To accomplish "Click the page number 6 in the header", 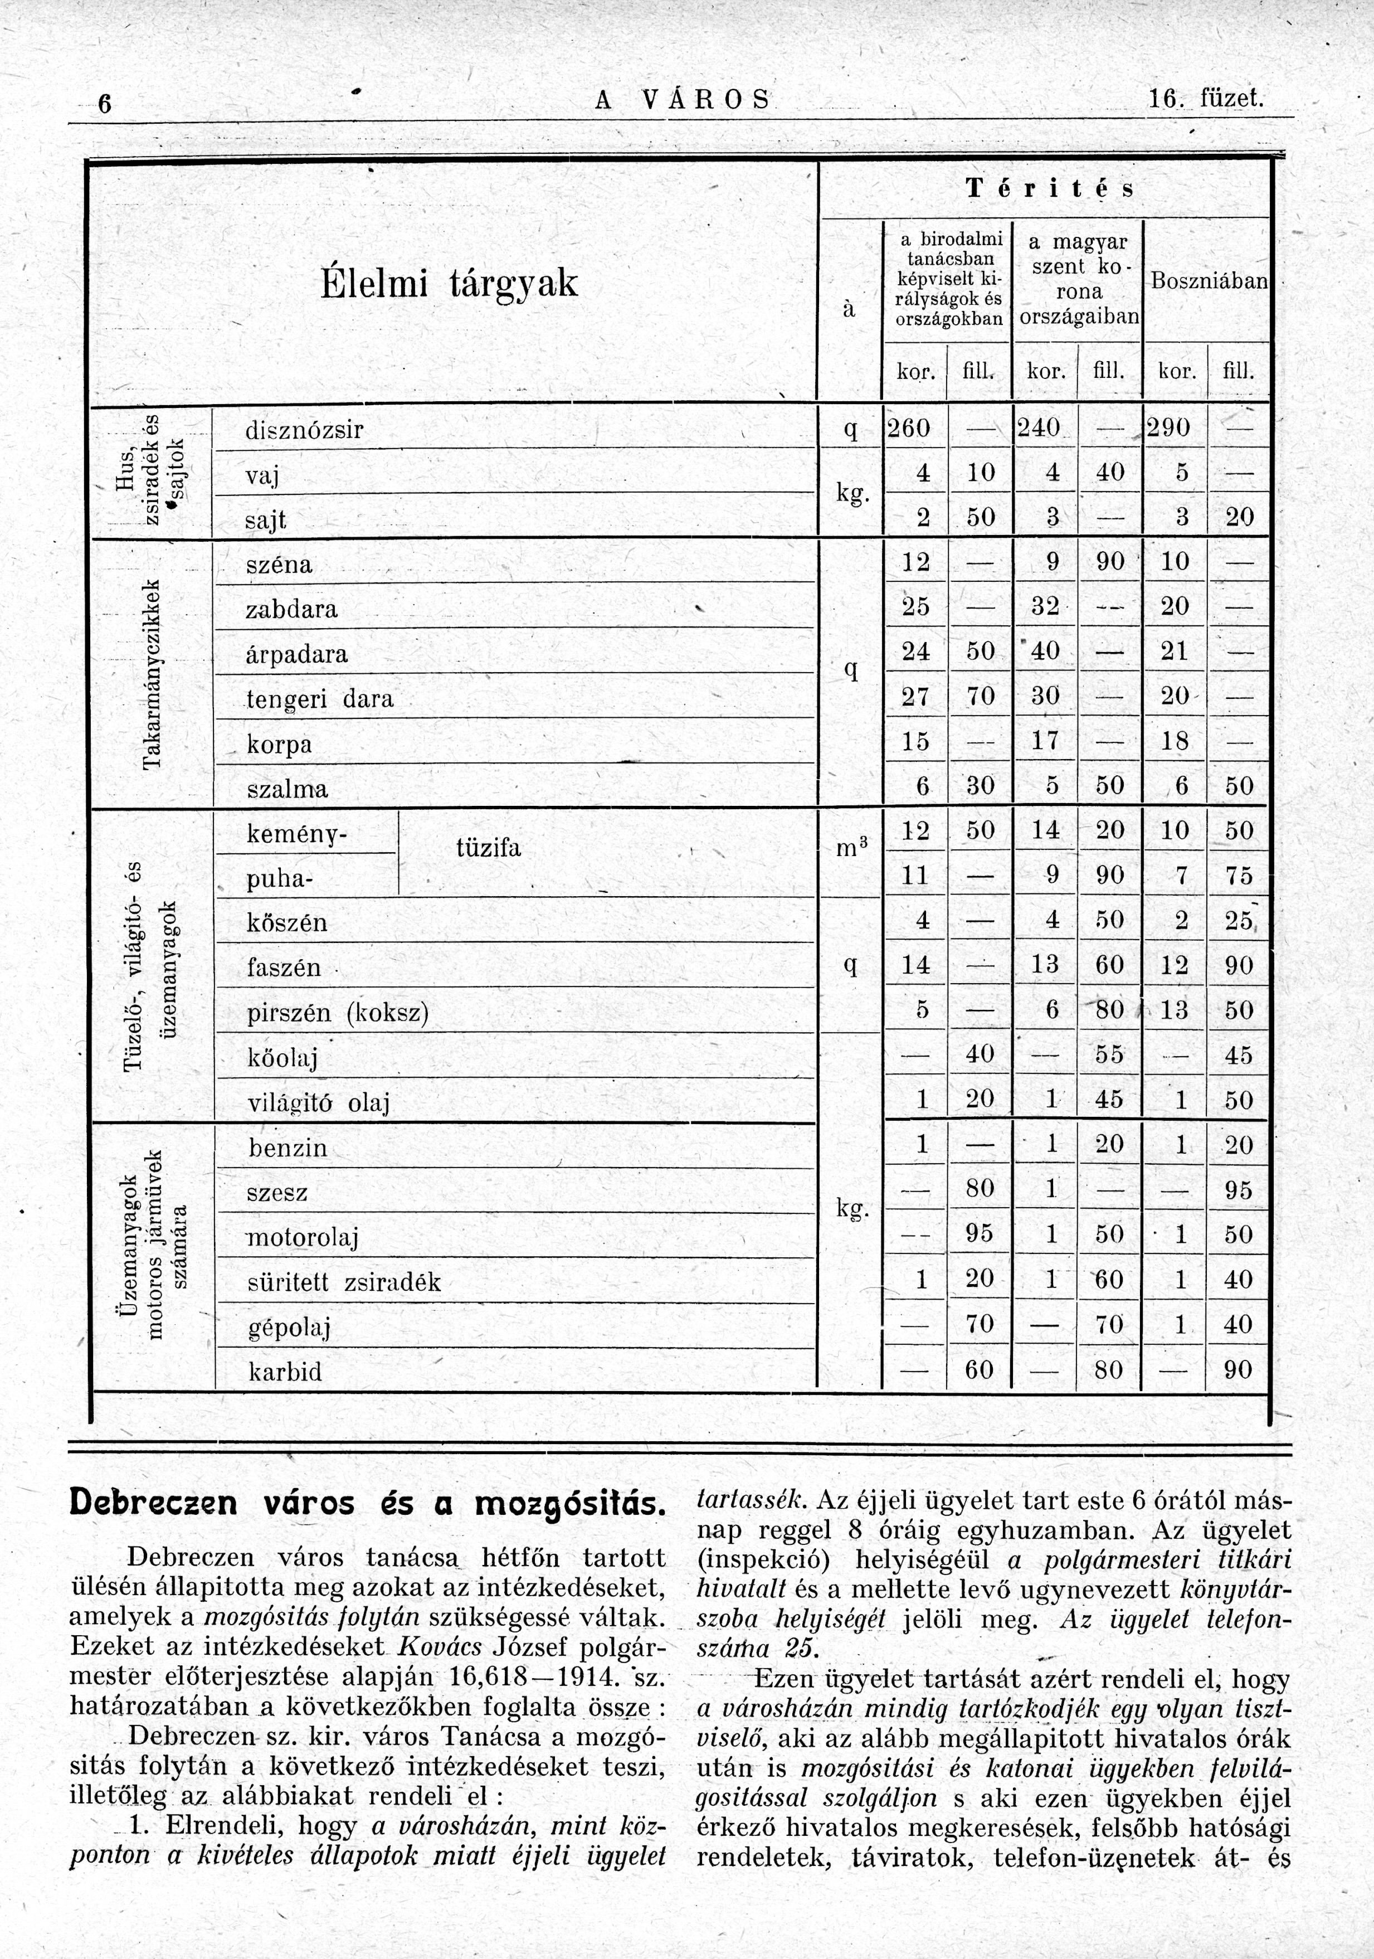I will pyautogui.click(x=104, y=104).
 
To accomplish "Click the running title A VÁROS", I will pyautogui.click(x=683, y=101).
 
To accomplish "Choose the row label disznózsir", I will pyautogui.click(x=304, y=431).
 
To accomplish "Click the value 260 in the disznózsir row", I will pyautogui.click(x=909, y=427).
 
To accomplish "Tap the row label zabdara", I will pyautogui.click(x=292, y=609).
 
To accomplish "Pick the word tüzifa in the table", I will pyautogui.click(x=489, y=848).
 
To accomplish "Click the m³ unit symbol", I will pyautogui.click(x=850, y=848).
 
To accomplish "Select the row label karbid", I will pyautogui.click(x=285, y=1372).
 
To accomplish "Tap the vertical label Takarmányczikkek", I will pyautogui.click(x=152, y=674).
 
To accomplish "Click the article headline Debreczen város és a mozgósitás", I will pyautogui.click(x=367, y=1504).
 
